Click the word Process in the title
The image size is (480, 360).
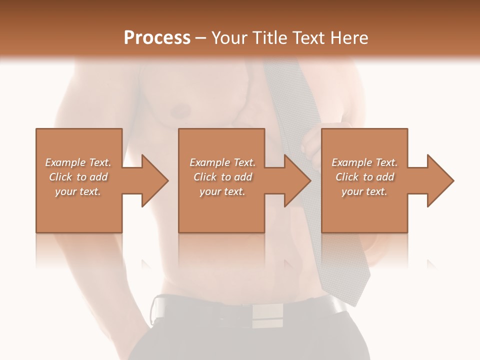click(x=157, y=38)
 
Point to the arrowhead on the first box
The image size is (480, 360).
click(x=152, y=180)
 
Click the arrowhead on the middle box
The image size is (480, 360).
click(x=295, y=180)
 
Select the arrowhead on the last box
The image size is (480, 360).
click(x=438, y=180)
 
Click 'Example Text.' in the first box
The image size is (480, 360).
click(x=78, y=162)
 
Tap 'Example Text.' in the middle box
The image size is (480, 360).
click(x=222, y=162)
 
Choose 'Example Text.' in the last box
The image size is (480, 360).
click(x=364, y=162)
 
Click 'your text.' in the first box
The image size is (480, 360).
click(x=78, y=191)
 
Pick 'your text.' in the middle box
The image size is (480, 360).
click(x=222, y=191)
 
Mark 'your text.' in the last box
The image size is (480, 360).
click(x=364, y=191)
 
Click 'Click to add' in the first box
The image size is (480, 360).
click(x=78, y=177)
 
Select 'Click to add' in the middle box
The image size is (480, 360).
click(x=222, y=177)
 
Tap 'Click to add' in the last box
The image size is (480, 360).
click(x=364, y=177)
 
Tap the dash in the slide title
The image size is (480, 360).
click(x=200, y=38)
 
